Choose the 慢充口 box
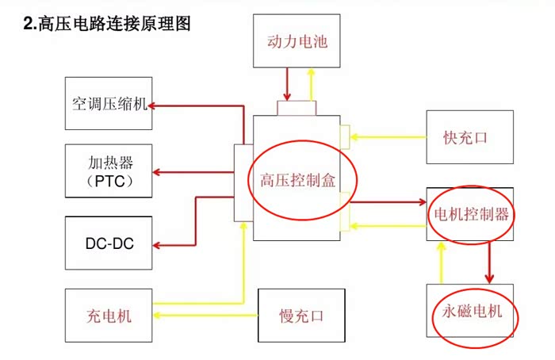(302, 316)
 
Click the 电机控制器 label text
(470, 214)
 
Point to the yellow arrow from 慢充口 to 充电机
(206, 316)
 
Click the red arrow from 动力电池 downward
(286, 84)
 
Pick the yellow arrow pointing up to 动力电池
(310, 82)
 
